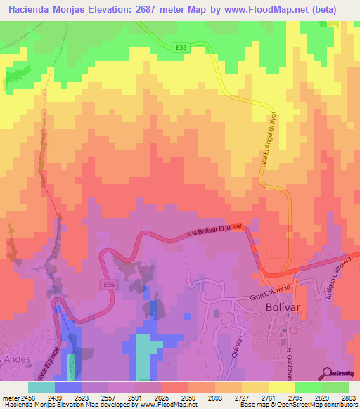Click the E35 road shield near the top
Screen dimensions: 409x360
click(x=181, y=48)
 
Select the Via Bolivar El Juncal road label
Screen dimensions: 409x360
click(x=215, y=232)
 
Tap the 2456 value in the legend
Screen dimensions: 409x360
click(x=25, y=398)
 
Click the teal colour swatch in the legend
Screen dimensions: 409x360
click(x=41, y=387)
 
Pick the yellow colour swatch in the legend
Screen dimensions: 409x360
click(x=281, y=387)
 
